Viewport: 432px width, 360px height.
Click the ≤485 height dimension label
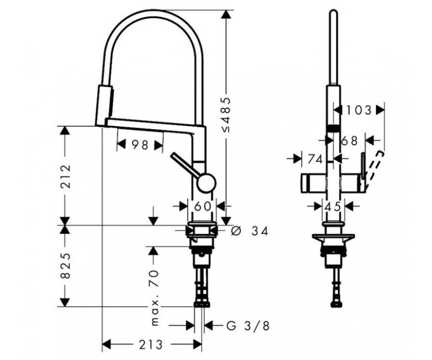click(227, 114)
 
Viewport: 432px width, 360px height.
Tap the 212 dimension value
click(66, 176)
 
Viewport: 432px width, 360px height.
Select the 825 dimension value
click(66, 265)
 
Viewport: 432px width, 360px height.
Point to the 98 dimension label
click(140, 145)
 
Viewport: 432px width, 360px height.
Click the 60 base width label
click(203, 206)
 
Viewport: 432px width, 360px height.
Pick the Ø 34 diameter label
click(250, 231)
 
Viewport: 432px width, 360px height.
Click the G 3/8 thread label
click(248, 326)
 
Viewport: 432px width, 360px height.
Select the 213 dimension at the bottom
click(151, 344)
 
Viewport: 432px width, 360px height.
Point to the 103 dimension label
click(359, 110)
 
